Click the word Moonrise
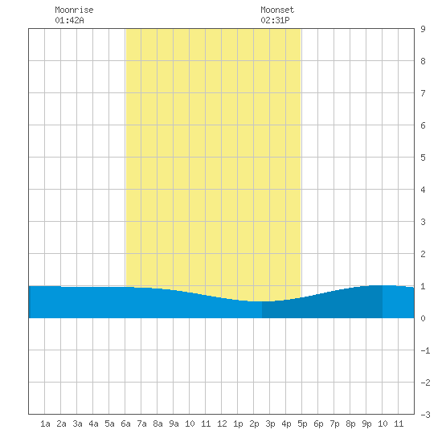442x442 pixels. point(74,10)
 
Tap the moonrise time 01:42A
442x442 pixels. point(69,20)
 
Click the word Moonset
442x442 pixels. point(277,10)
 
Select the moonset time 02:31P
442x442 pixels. point(275,20)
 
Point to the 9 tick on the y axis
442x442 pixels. point(423,29)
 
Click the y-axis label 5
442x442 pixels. point(423,158)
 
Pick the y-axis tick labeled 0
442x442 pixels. point(423,318)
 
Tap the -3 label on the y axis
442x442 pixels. point(425,415)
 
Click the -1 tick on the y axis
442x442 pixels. point(425,350)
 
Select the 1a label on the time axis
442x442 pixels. point(45,424)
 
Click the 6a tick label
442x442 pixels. point(125,424)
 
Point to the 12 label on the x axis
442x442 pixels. point(222,424)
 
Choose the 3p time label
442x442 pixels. point(270,424)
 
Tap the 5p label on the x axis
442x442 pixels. point(302,424)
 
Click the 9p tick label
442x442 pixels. point(366,424)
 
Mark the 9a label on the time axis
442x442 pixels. point(174,424)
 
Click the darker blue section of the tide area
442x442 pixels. point(322,307)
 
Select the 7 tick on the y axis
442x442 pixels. point(423,93)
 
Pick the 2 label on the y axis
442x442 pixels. point(423,254)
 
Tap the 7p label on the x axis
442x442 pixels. point(334,424)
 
